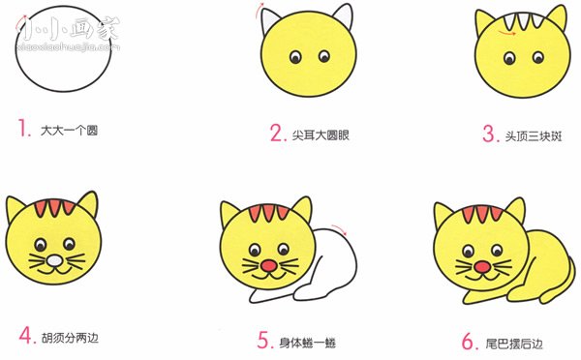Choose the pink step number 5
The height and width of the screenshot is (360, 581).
tap(263, 340)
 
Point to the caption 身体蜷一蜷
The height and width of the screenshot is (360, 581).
tap(306, 341)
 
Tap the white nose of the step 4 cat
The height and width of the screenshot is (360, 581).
tap(54, 261)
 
